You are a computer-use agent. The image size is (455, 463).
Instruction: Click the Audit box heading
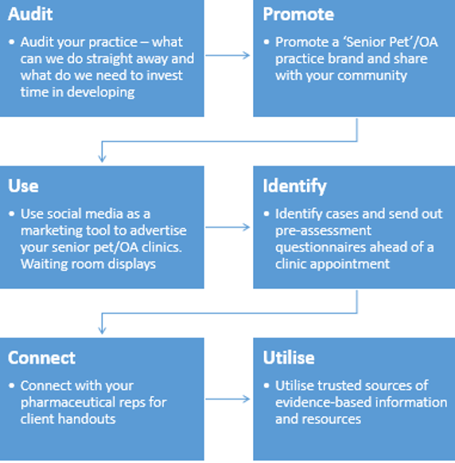[x=30, y=14]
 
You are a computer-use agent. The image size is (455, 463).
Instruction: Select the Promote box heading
[x=298, y=14]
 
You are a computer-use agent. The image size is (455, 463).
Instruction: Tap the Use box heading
[x=23, y=185]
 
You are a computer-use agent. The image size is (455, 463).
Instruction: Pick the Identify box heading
[x=294, y=187]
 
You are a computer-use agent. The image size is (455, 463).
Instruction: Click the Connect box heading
[x=41, y=357]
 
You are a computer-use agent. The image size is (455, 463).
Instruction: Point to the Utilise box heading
[x=289, y=357]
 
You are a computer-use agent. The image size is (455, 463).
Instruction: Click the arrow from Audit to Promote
[x=227, y=55]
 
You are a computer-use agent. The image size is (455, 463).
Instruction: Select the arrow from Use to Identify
[x=227, y=227]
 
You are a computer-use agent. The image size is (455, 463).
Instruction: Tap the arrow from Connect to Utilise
[x=227, y=399]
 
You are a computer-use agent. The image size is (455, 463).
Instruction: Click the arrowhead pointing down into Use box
[x=102, y=158]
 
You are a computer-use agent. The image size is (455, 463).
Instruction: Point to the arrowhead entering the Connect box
[x=102, y=330]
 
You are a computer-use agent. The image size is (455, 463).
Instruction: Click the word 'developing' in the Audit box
[x=101, y=93]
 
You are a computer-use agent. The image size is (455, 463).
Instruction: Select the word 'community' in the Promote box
[x=372, y=76]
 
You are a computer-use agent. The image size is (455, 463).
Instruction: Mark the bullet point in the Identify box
[x=266, y=213]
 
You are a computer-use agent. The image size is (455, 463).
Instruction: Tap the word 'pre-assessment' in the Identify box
[x=323, y=231]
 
